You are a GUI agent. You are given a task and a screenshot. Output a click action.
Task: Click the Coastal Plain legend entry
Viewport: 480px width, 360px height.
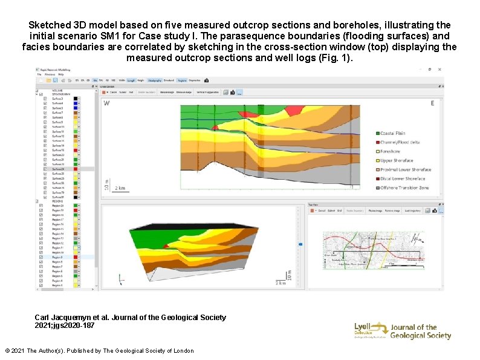(393, 133)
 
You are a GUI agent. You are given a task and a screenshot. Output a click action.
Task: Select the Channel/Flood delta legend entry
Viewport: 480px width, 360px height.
(399, 142)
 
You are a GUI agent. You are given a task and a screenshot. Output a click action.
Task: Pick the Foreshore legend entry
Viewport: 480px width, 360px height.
(390, 151)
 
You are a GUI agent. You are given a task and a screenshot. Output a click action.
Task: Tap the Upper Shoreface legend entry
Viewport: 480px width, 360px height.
(397, 160)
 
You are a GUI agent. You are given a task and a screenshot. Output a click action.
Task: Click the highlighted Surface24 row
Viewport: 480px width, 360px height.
(58, 169)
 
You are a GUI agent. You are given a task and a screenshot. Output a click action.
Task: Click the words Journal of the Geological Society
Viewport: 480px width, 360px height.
(421, 332)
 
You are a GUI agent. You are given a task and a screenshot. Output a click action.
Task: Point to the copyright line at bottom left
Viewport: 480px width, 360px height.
(99, 351)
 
